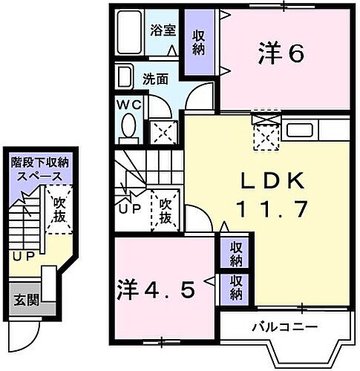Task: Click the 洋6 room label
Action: (x=281, y=54)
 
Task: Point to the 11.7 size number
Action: (x=270, y=209)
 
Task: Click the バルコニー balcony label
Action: (x=284, y=326)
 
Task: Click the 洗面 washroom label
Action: (x=154, y=76)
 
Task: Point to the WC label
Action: (x=128, y=104)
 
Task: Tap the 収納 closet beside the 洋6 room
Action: (x=198, y=42)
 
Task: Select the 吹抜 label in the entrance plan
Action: (x=59, y=210)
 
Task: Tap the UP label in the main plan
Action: (x=129, y=210)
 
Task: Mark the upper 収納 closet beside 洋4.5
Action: (x=235, y=254)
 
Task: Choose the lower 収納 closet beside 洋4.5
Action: (x=235, y=288)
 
